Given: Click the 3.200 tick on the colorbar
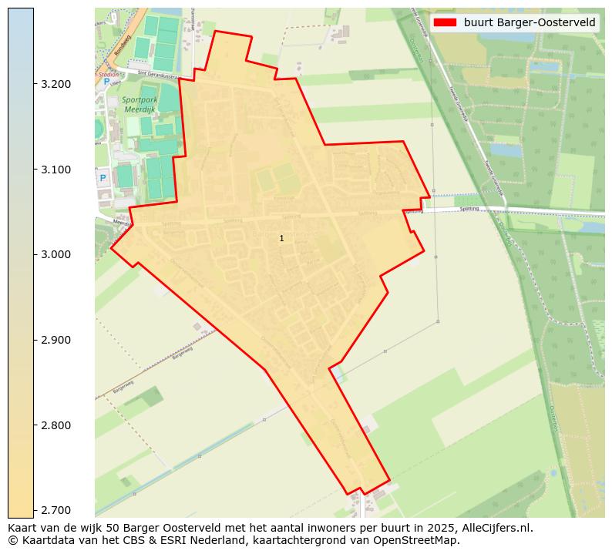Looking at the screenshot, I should coord(56,84).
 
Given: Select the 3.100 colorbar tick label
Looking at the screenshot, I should coord(56,170).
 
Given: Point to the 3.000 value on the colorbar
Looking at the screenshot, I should coord(56,254).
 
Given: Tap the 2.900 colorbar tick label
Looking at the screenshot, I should coord(56,340).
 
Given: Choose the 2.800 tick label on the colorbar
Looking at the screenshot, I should coord(56,425).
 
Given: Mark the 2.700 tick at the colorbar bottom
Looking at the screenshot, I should coord(56,510).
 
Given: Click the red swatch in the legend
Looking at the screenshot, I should coord(446,22).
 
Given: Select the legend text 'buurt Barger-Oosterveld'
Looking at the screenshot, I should coord(530,22).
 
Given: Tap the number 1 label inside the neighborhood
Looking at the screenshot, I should coord(281,239).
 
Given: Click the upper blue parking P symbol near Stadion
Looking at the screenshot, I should coord(106,81).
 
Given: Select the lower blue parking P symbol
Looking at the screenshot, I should coord(103,178).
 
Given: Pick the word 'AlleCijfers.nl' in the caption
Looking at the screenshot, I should coord(494,528).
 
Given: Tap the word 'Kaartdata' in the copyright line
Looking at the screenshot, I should coord(39,540).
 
